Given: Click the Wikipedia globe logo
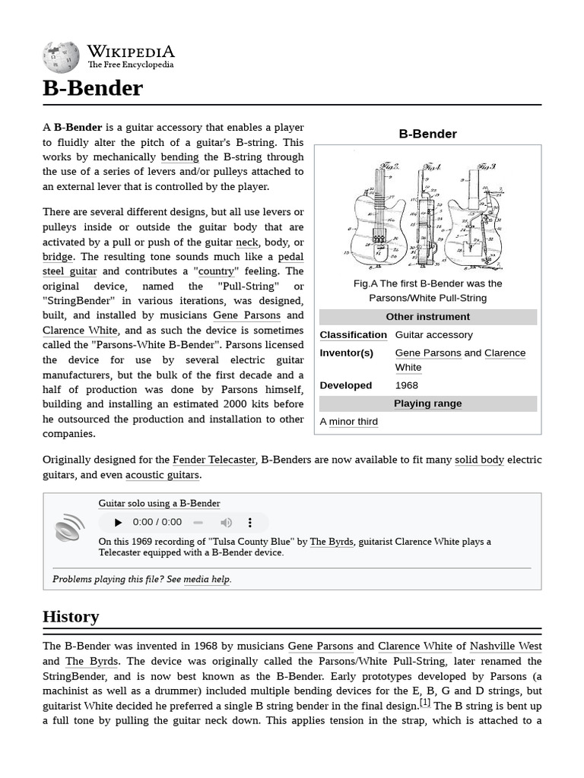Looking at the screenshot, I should [61, 57].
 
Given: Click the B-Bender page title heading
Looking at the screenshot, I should [93, 88].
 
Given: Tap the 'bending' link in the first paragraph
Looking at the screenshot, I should [179, 157].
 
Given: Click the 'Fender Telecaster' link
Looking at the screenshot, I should [214, 460].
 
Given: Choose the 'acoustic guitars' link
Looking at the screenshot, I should [162, 475].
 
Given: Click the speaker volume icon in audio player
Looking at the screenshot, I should [226, 522].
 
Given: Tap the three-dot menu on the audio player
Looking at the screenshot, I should [249, 522].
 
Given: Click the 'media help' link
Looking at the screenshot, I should [207, 579].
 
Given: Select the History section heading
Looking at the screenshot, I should [71, 616].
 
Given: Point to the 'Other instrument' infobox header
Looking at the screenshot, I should [427, 317].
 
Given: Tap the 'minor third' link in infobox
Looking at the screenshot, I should [353, 422].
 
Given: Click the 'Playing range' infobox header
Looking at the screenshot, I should [427, 403].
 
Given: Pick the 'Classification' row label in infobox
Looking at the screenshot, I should [353, 335].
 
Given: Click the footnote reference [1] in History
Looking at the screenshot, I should [425, 703].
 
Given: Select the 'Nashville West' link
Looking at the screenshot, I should [506, 647].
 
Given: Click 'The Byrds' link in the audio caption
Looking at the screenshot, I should [331, 542].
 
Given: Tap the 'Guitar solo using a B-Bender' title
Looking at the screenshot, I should [159, 503].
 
